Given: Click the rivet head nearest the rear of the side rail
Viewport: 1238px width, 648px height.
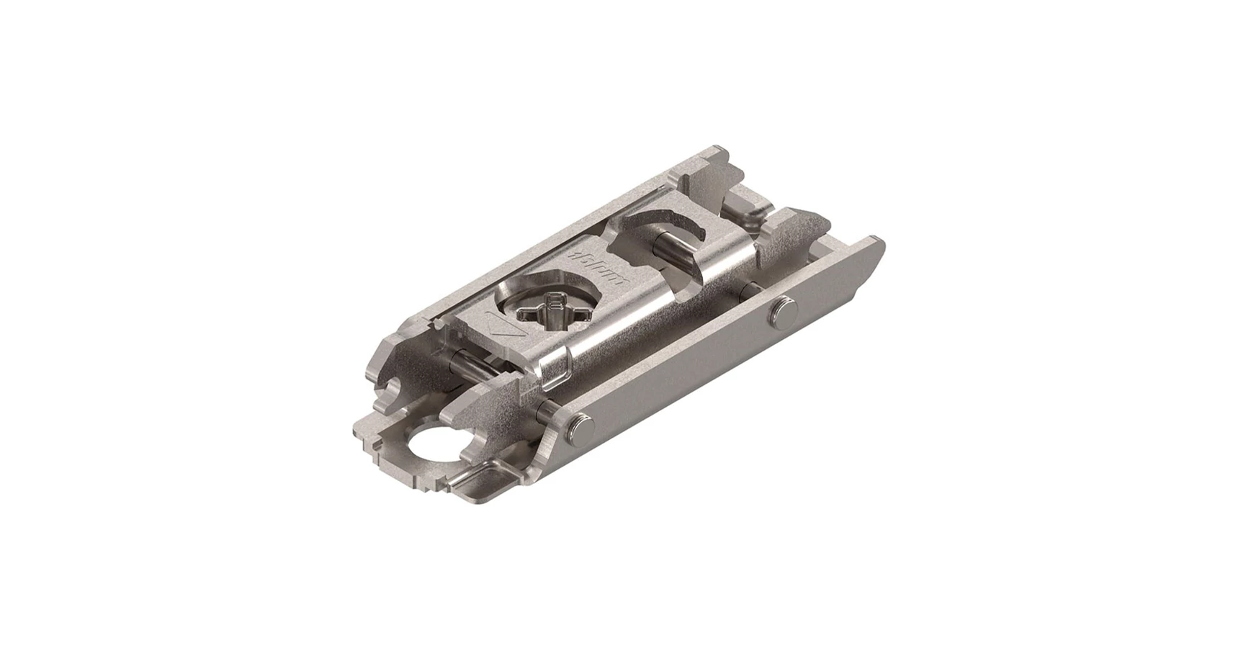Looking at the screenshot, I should click(x=785, y=310).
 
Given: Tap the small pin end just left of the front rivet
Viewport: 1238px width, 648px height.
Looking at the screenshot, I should click(x=544, y=413).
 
